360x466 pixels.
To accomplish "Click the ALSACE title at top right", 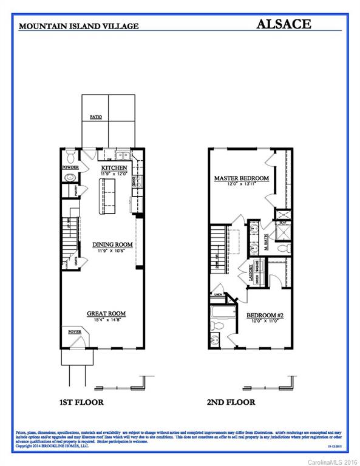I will [284, 24].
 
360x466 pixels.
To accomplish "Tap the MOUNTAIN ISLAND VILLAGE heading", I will [79, 26].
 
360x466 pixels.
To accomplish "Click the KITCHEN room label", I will [114, 167].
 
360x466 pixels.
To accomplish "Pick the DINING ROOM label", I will [112, 245].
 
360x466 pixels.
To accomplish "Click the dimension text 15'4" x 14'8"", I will [106, 320].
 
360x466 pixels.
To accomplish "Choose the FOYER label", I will [75, 332].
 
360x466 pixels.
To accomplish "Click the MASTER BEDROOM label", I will [241, 178].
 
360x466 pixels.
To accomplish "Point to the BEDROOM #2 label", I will [265, 316].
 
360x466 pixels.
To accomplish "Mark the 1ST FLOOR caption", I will [81, 402].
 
